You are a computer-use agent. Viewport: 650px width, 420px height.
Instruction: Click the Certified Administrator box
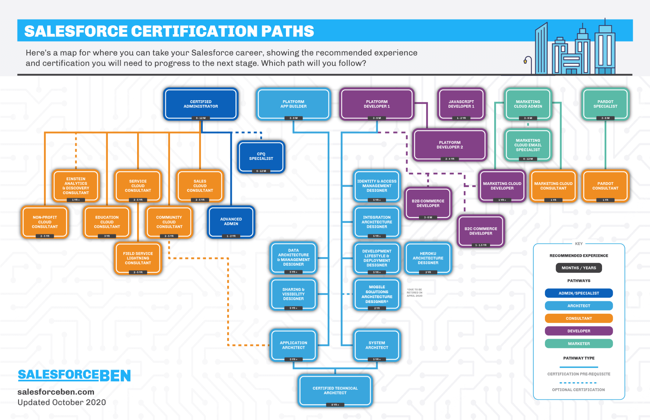[x=201, y=104]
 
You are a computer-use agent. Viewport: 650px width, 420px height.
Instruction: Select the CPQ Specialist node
[x=261, y=156]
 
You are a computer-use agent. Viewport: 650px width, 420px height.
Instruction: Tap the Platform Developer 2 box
[x=449, y=145]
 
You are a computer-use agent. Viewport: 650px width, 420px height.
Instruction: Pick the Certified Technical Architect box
[x=335, y=390]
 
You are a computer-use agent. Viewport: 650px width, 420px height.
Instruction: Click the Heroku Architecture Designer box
[x=428, y=258]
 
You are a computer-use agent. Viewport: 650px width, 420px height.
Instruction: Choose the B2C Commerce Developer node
[x=481, y=231]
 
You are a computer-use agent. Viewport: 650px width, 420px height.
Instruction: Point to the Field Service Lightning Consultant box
[x=138, y=258]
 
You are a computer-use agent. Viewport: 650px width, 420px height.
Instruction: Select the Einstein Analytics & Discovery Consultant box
[x=76, y=186]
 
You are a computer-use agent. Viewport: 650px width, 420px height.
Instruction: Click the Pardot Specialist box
[x=605, y=104]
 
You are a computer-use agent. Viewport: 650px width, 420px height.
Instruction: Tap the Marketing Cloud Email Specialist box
[x=528, y=145]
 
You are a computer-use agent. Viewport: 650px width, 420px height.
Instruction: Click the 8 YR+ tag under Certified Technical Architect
[x=335, y=405]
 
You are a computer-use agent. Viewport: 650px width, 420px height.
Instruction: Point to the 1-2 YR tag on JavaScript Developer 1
[x=461, y=118]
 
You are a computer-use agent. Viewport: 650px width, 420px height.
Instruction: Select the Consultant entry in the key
[x=579, y=318]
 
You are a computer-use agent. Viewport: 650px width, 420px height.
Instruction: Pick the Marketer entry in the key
[x=579, y=344]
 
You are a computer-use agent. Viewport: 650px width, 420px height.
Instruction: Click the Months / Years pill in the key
[x=579, y=268]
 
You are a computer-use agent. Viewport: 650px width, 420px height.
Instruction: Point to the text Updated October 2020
[x=62, y=402]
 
